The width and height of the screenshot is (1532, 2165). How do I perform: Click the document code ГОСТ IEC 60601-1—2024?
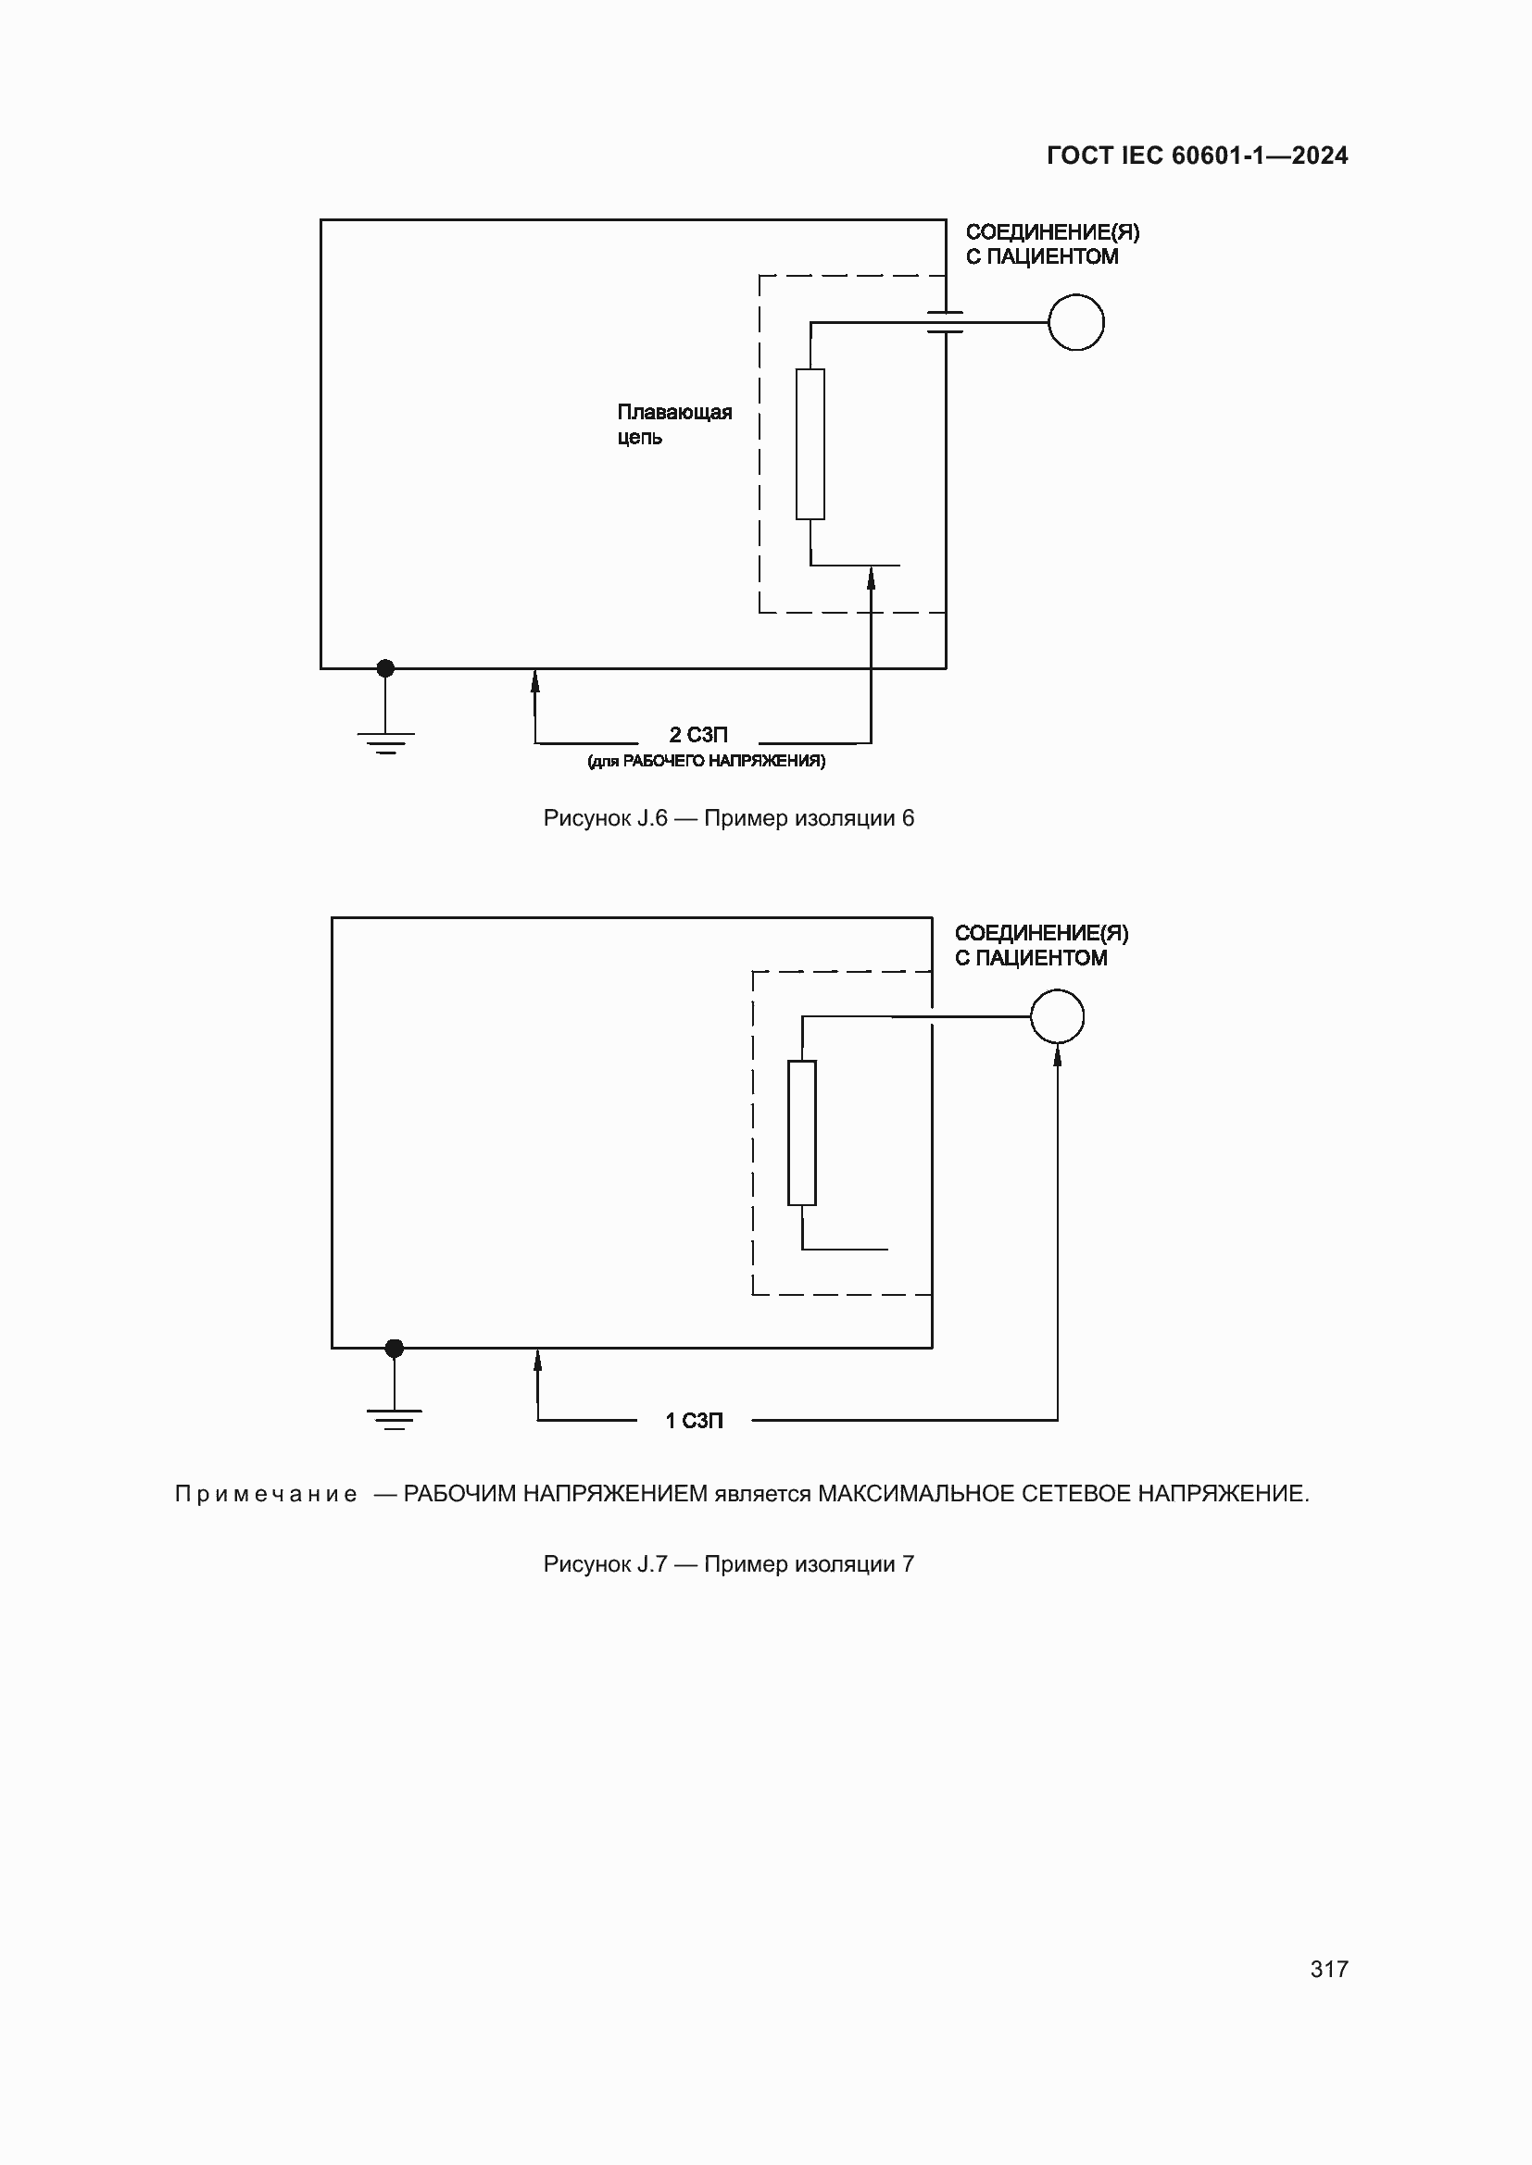coord(1196,156)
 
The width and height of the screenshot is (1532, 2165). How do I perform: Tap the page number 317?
coord(1328,1969)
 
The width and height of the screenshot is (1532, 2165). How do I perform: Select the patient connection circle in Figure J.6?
coord(1075,322)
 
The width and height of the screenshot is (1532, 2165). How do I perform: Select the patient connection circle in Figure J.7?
coord(1057,1016)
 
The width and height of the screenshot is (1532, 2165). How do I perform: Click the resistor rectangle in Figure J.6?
coord(810,444)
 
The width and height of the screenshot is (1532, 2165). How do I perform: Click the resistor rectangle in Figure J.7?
coord(802,1132)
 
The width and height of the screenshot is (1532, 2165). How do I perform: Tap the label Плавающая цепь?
coord(673,424)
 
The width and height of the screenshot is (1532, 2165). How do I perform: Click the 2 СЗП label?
coord(698,735)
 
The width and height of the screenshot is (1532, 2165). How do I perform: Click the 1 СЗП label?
coord(695,1421)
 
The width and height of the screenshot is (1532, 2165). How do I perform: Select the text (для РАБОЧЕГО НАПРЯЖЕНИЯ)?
coord(706,761)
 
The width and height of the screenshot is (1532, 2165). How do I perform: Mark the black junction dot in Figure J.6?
coord(386,668)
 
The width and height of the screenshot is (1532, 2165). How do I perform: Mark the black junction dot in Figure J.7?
coord(395,1349)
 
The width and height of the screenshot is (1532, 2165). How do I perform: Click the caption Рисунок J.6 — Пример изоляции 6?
coord(728,818)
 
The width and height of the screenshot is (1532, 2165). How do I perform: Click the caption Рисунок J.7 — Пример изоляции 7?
coord(728,1564)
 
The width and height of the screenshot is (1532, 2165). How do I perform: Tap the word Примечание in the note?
coord(266,1495)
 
